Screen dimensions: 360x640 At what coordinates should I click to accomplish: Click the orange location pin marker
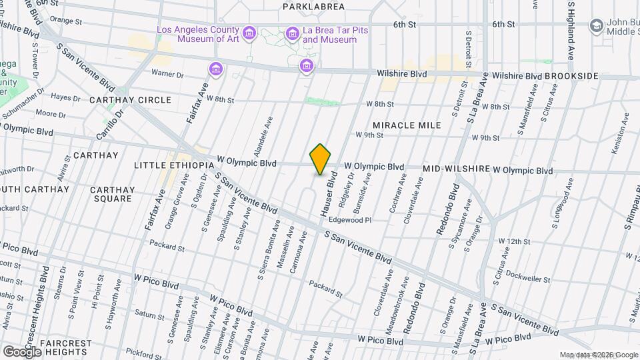[x=321, y=160]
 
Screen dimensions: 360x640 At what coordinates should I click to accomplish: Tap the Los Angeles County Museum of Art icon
[x=249, y=33]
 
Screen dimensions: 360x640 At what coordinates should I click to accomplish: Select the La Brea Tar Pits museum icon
[x=292, y=33]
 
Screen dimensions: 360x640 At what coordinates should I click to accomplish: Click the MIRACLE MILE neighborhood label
[x=407, y=125]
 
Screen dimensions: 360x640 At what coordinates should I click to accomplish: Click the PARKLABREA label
[x=313, y=7]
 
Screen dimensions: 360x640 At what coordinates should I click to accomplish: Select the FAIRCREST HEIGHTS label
[x=65, y=347]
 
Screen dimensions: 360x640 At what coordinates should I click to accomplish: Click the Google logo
[x=22, y=351]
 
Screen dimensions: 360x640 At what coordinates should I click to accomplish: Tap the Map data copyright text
[x=599, y=355]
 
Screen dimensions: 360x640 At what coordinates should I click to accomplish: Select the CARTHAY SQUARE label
[x=112, y=194]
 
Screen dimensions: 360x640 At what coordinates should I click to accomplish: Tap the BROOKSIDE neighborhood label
[x=571, y=76]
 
